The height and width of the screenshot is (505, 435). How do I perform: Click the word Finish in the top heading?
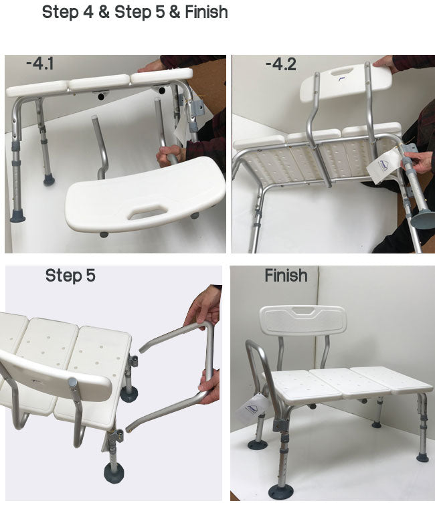click(207, 12)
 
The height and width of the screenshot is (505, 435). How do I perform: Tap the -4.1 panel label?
click(40, 64)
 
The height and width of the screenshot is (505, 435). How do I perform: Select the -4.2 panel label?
click(280, 64)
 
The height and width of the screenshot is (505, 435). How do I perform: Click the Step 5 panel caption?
click(70, 276)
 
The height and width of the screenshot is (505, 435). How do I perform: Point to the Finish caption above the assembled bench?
click(286, 276)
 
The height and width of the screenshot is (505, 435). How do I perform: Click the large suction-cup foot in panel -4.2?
click(423, 218)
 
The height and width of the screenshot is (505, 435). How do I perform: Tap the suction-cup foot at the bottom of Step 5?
click(114, 473)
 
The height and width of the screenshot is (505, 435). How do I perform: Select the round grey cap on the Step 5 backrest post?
click(73, 383)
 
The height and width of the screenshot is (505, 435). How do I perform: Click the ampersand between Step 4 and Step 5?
click(104, 12)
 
